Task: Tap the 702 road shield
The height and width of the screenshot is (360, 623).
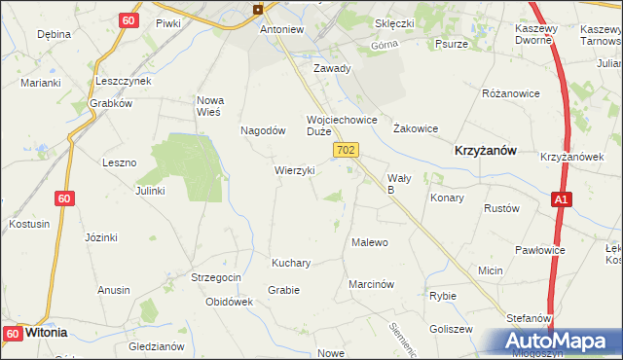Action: coord(347,151)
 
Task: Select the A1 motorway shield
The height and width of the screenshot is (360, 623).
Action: coord(560,199)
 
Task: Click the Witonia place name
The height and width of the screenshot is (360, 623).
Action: coord(46,332)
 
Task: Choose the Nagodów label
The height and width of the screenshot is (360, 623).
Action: coord(262,130)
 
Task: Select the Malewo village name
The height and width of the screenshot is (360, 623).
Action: coord(370,242)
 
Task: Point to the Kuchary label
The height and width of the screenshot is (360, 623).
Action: coord(291,263)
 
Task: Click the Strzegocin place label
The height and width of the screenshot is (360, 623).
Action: coord(216,277)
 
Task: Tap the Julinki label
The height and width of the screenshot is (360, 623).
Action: coord(150,191)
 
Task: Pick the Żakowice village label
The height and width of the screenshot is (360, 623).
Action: coord(415,128)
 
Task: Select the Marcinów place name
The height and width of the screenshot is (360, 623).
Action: coord(371,284)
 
